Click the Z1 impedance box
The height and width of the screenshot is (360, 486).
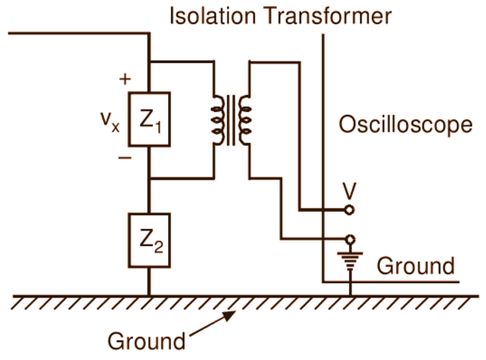click(149, 119)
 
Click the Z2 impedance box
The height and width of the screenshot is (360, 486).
click(149, 240)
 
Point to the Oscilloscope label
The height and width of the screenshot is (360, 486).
click(405, 125)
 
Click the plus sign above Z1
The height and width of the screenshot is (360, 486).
click(125, 79)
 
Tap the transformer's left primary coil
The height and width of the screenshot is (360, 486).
click(218, 119)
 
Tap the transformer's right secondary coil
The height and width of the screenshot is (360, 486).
click(245, 119)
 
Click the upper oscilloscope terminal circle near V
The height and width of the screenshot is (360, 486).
click(349, 210)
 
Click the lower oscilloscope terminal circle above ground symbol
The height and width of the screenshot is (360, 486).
click(349, 239)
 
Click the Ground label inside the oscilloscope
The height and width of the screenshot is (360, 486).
click(415, 266)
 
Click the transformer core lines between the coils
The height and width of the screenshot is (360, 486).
click(232, 119)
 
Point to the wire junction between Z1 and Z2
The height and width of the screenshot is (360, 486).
click(149, 178)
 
